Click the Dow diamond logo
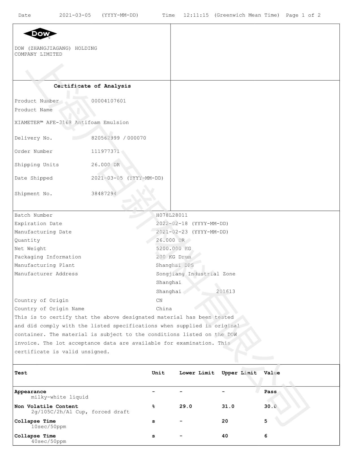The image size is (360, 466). [x=40, y=34]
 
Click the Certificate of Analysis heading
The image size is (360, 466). [x=92, y=86]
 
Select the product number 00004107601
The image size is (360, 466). [x=108, y=101]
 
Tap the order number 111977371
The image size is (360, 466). [x=105, y=151]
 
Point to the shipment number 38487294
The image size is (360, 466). [x=104, y=194]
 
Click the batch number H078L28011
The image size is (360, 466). [x=172, y=215]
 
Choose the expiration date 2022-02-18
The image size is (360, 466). [x=172, y=224]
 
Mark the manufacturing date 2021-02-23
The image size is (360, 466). [x=172, y=232]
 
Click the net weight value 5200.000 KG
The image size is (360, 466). [x=173, y=249]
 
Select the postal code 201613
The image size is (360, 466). [x=226, y=291]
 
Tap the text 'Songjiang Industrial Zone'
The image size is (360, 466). [x=195, y=274]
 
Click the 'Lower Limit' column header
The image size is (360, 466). [x=197, y=373]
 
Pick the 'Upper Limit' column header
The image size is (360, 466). [x=239, y=373]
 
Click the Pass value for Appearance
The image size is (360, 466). [x=270, y=392]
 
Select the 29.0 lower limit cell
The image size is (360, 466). [x=186, y=406]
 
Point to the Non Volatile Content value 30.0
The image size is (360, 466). [x=270, y=406]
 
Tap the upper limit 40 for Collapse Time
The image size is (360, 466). [x=225, y=436]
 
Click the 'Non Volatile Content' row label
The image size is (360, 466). [x=46, y=406]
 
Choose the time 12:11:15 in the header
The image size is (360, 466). [x=196, y=15]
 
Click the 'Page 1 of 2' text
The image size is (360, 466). [x=303, y=15]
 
